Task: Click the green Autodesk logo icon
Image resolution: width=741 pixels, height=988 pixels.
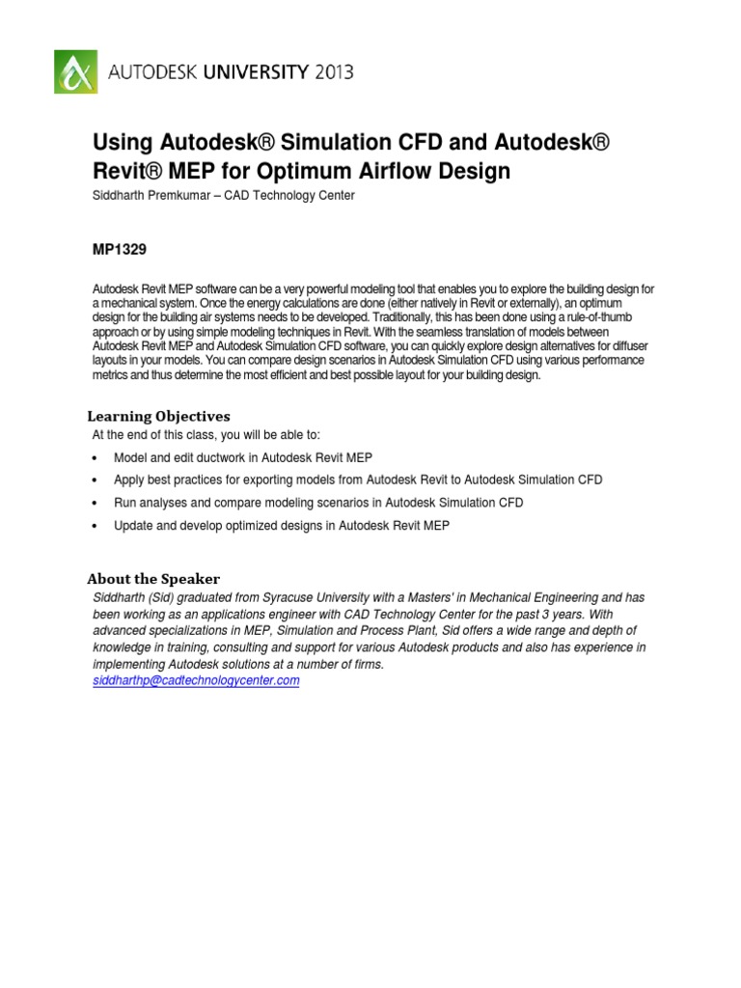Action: click(x=74, y=71)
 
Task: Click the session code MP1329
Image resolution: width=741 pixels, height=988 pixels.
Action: click(x=119, y=249)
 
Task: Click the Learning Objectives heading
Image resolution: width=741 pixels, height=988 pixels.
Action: click(x=158, y=416)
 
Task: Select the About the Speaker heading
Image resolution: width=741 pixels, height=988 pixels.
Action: click(x=153, y=579)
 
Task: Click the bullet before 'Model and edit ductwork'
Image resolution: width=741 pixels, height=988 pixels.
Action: click(x=95, y=458)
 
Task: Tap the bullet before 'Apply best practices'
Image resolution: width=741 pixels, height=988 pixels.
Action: click(x=95, y=480)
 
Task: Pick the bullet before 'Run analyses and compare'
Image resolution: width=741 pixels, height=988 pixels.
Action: click(x=95, y=504)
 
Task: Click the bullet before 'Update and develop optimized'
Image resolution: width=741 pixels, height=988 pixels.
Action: click(x=95, y=527)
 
